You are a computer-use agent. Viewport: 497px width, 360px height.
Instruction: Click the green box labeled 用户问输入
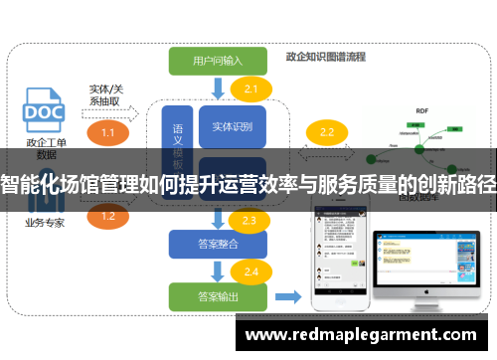click(219, 61)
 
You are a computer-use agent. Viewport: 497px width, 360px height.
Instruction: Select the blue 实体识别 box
click(233, 126)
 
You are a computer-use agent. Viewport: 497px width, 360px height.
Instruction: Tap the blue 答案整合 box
click(218, 243)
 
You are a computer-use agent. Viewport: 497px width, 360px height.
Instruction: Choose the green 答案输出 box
click(218, 295)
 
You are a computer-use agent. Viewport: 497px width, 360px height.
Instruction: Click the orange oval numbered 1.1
click(108, 132)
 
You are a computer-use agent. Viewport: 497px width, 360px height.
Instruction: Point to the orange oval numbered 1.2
click(108, 216)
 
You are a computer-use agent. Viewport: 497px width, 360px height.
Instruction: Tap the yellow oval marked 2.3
click(248, 221)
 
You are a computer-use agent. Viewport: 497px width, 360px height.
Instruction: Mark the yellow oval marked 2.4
click(250, 271)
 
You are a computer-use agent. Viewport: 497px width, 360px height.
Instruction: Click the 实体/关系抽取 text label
click(106, 95)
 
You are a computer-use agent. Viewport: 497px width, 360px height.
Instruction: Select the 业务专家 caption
click(45, 223)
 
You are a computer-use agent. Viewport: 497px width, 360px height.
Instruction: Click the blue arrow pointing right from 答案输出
click(288, 295)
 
